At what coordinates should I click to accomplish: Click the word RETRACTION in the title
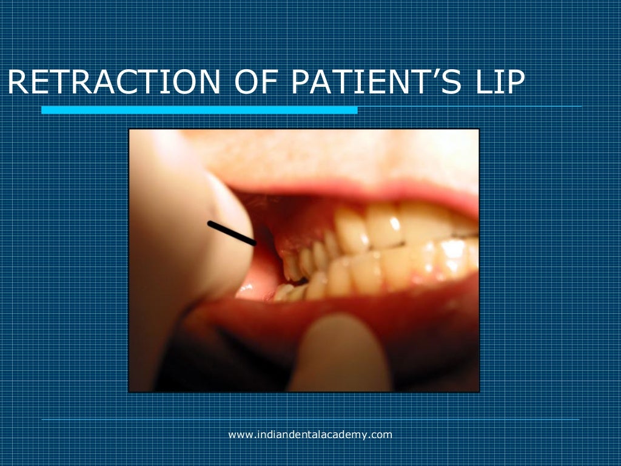(x=113, y=83)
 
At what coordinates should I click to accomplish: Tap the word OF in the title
(x=253, y=83)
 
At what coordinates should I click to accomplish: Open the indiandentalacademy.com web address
(x=310, y=434)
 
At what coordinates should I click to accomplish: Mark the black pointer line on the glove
(x=231, y=234)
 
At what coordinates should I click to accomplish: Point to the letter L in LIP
(x=479, y=83)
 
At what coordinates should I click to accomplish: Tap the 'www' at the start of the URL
(x=238, y=434)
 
